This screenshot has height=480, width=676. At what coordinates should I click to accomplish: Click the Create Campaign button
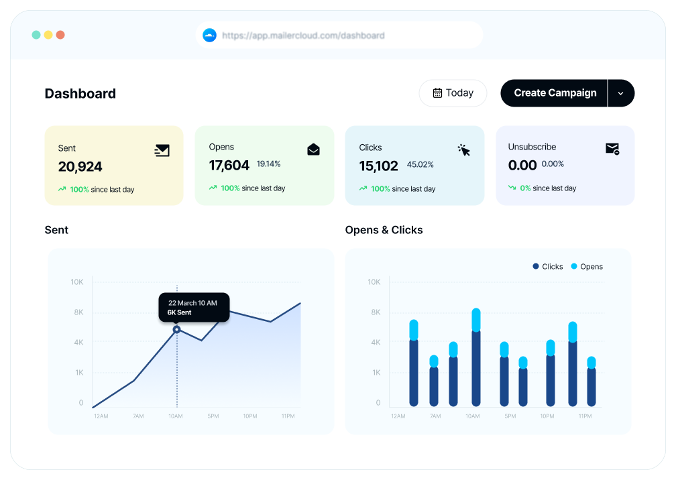coord(555,93)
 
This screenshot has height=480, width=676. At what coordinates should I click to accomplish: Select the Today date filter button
coord(453,93)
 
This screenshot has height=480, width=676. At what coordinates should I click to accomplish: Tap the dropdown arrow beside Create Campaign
coord(620,93)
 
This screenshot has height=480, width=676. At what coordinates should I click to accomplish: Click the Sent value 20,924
coord(80,166)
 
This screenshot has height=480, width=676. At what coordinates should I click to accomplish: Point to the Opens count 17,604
coord(229,165)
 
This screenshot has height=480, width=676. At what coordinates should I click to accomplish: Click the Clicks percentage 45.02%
coord(420,165)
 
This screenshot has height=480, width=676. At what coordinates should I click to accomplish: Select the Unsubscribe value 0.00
coord(522,165)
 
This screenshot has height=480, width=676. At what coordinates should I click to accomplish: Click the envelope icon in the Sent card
coord(162,150)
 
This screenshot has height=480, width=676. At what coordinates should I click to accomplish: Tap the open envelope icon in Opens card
coord(313,149)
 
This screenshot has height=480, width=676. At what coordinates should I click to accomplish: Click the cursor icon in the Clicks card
coord(464,150)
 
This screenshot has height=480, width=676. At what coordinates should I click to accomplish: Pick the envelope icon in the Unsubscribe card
coord(612,149)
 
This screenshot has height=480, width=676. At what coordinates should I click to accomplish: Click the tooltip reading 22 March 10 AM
coord(194,307)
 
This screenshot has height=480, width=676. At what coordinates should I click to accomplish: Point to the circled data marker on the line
coord(176,329)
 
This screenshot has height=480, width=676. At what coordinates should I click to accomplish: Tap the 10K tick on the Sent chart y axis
coord(77,282)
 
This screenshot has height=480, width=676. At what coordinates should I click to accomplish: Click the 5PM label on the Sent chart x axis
coord(213,416)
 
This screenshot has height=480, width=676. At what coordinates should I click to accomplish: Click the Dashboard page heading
coord(80,94)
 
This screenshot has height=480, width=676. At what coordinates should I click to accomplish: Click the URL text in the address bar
coord(303,36)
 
